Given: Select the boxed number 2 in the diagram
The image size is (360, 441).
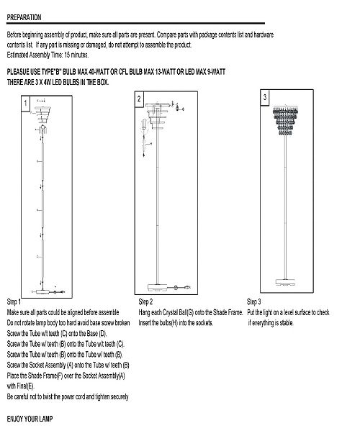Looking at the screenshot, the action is [x=138, y=97].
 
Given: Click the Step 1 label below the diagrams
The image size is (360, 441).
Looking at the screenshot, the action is [x=14, y=301].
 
